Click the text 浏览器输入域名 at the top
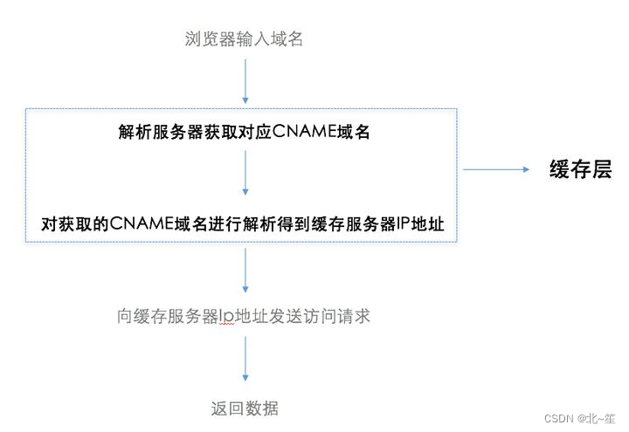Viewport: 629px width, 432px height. pyautogui.click(x=245, y=38)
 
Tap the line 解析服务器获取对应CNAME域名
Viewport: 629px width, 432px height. pyautogui.click(x=245, y=132)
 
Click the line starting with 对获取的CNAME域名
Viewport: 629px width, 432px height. pyautogui.click(x=244, y=223)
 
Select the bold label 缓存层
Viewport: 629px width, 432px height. pyautogui.click(x=580, y=169)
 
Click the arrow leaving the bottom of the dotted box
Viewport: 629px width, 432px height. pyautogui.click(x=245, y=273)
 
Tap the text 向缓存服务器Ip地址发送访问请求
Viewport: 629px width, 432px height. pyautogui.click(x=245, y=316)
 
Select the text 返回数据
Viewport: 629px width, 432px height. pyautogui.click(x=245, y=408)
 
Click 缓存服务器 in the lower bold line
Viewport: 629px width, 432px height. pyautogui.click(x=355, y=223)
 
